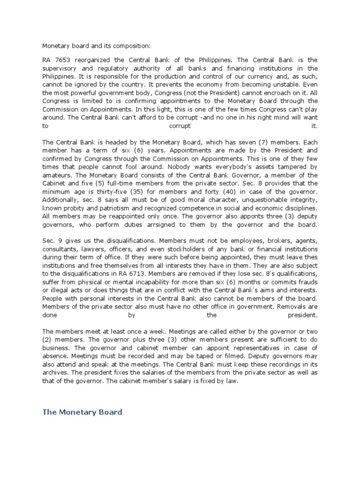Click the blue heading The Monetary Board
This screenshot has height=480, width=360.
[x=82, y=412]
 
